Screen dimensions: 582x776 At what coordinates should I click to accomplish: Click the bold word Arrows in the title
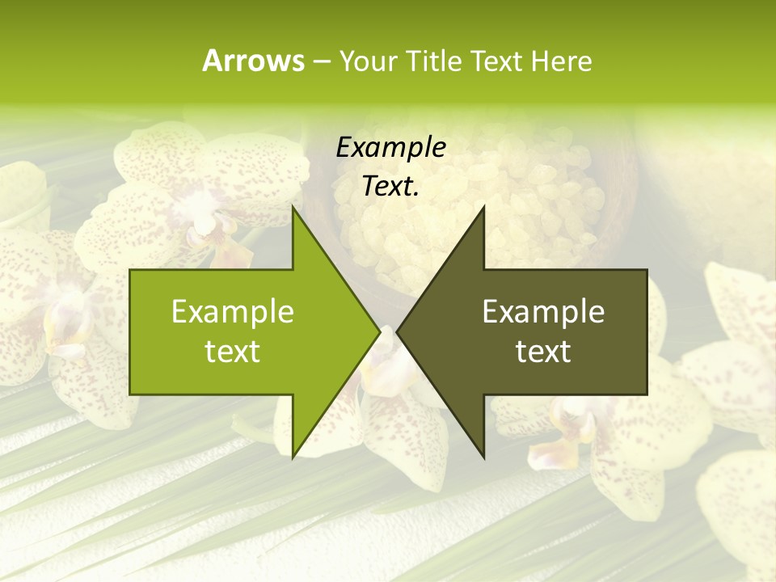click(252, 61)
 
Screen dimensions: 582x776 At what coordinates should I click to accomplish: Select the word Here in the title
click(561, 61)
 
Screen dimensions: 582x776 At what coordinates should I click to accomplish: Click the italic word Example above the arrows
click(390, 147)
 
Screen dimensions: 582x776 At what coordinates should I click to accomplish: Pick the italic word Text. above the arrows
click(390, 187)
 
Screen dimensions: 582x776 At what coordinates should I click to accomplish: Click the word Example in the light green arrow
click(233, 311)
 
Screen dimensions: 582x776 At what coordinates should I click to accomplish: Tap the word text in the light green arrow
click(233, 352)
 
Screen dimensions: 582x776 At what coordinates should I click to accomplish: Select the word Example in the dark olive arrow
click(543, 311)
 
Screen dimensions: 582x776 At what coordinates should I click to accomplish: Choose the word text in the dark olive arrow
click(543, 352)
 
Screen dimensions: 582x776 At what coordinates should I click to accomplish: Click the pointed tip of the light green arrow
click(380, 331)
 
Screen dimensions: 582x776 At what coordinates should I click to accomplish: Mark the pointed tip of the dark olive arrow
click(398, 331)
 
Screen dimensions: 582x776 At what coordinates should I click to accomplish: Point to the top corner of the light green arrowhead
click(293, 207)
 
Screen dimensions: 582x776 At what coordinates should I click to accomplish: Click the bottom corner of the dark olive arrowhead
click(483, 457)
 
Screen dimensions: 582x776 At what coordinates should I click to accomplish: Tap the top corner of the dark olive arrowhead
click(483, 207)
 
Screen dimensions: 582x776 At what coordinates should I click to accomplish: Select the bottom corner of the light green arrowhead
click(293, 457)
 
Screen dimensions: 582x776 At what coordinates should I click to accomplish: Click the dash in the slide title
click(322, 61)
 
